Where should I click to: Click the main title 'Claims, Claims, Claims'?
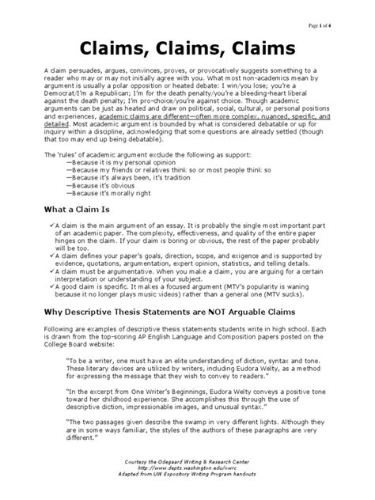pyautogui.click(x=187, y=49)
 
